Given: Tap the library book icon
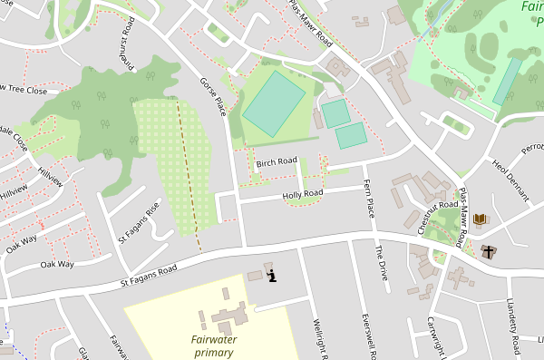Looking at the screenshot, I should click(480, 219).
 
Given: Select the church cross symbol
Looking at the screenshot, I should click(490, 251).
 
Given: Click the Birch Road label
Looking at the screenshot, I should click(277, 163).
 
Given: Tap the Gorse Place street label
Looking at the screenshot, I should click(212, 95).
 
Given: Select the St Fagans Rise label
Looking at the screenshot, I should click(139, 223).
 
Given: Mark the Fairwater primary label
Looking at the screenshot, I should click(219, 345).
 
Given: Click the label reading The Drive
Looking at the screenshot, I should click(382, 263).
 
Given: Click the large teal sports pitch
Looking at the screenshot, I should click(274, 104).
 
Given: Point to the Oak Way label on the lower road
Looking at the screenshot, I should click(57, 265).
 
